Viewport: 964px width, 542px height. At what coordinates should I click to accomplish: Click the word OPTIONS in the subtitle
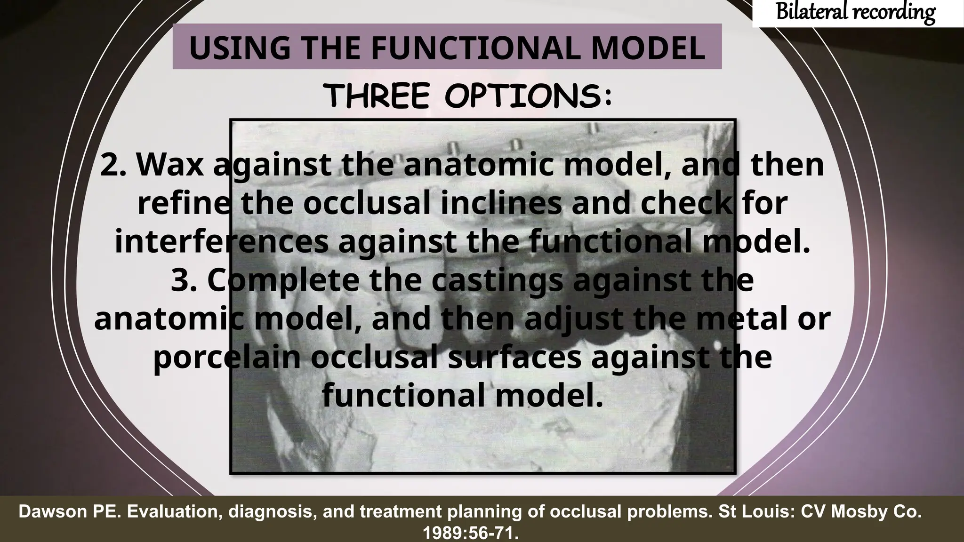pos(527,96)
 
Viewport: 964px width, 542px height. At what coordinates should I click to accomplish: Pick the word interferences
pos(221,241)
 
